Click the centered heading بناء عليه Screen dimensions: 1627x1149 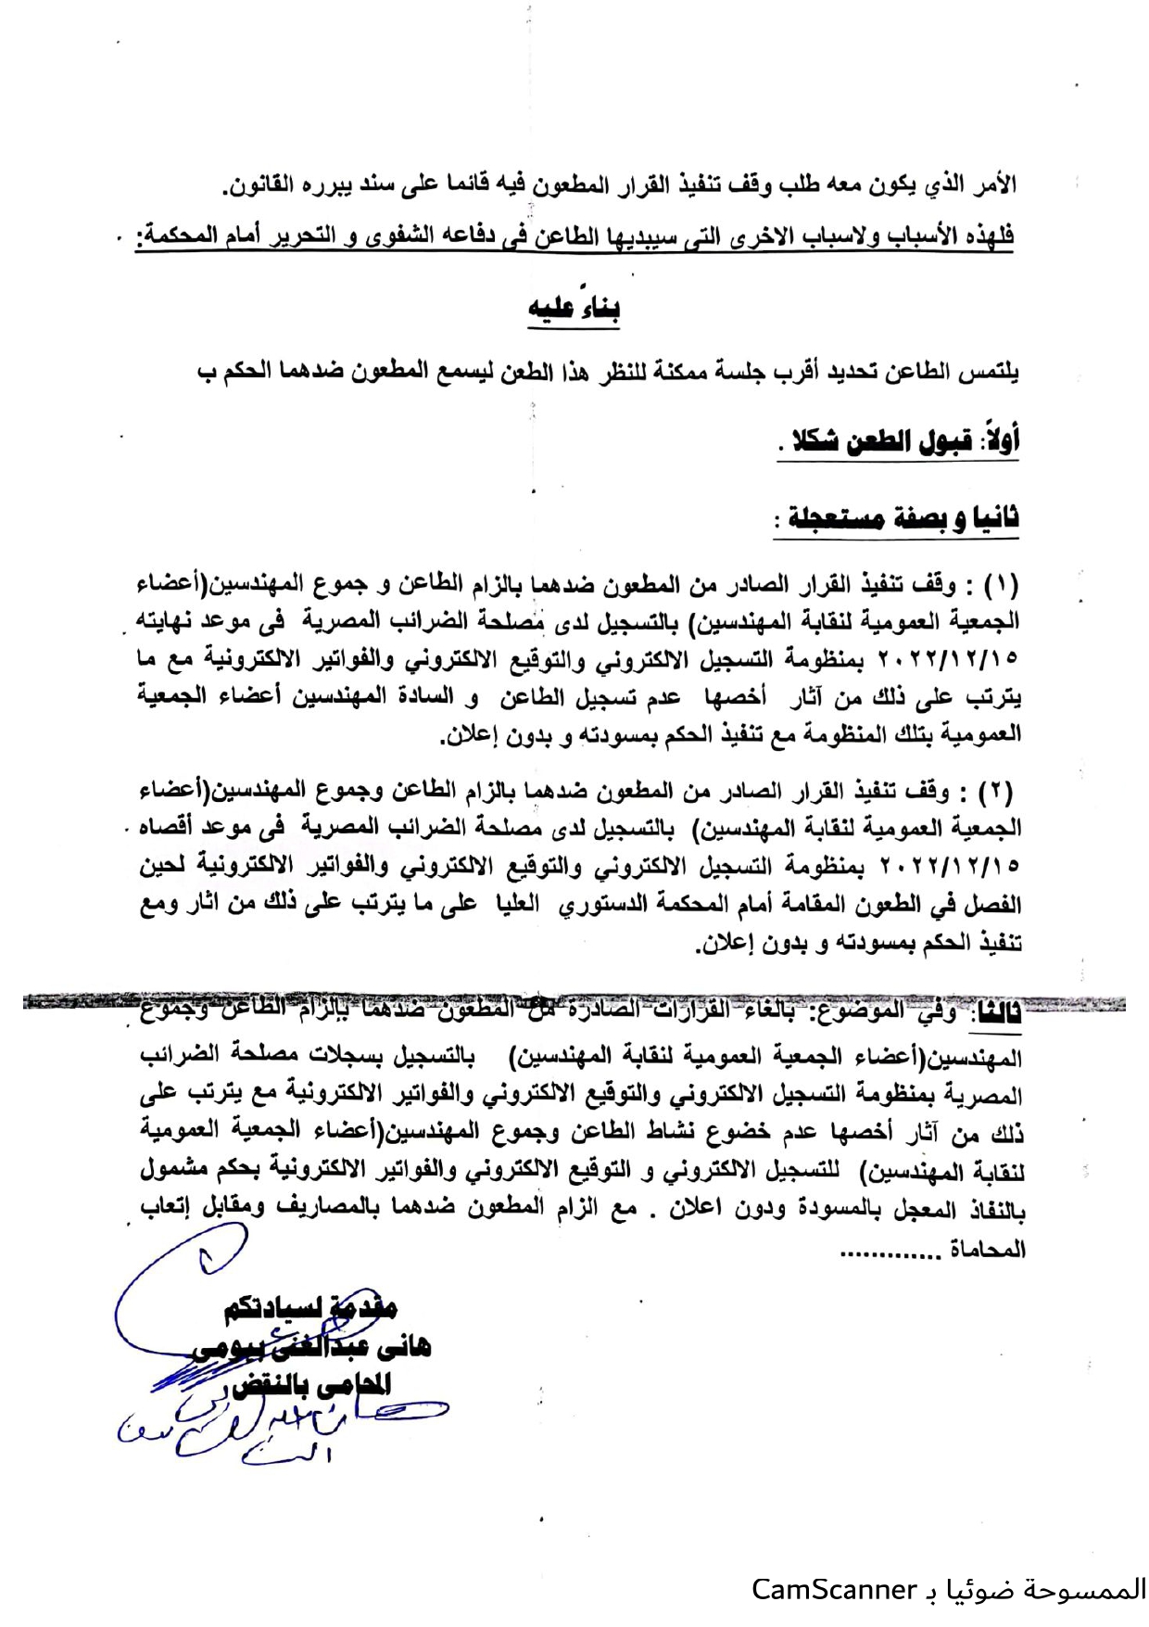tap(574, 309)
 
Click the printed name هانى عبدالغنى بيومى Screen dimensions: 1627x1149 tap(312, 1347)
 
